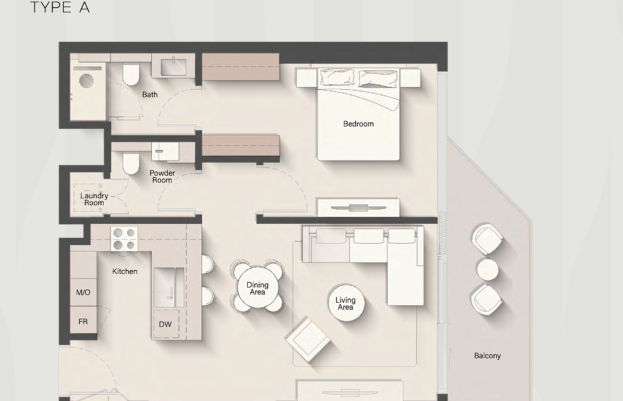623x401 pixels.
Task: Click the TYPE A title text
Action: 60,7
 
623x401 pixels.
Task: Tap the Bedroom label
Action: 358,124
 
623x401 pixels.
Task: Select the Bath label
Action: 150,95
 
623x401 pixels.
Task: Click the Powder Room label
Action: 162,176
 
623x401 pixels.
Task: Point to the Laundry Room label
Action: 94,199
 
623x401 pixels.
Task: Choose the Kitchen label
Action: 125,271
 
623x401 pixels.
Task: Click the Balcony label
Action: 487,356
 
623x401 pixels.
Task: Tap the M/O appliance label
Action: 83,292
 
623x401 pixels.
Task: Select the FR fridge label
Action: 83,322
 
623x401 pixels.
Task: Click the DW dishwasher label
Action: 165,324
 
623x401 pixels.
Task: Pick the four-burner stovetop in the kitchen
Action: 124,239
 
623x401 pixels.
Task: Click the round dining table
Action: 258,288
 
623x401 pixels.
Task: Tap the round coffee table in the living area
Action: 346,303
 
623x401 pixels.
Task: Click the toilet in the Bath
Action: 131,75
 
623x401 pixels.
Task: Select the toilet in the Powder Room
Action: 131,163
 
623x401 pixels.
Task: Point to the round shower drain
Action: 86,81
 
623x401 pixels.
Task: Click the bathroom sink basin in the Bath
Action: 173,67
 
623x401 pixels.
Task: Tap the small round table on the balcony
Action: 487,269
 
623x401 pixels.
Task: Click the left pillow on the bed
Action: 337,76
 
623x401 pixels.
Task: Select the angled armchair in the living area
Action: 308,339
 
